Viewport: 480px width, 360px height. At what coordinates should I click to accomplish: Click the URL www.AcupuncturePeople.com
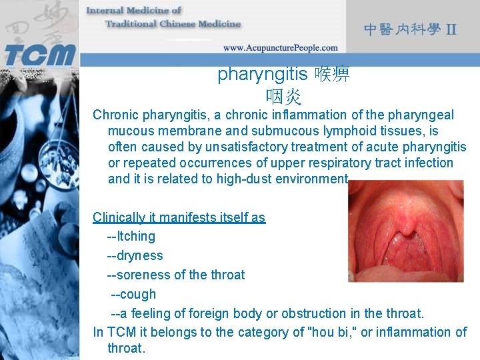coord(280,48)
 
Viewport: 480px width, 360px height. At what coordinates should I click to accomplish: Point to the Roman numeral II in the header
coord(451,30)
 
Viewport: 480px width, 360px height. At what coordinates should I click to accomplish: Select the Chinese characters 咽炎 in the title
coord(283,97)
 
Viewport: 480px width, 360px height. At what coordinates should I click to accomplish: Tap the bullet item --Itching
coord(131,236)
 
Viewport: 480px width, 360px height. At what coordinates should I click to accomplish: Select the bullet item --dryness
coord(135,255)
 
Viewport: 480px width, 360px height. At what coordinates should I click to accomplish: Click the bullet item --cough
coord(133,294)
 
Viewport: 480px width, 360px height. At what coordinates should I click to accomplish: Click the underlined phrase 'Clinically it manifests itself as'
coord(179,217)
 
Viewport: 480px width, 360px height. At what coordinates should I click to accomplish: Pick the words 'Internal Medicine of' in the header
coord(133,10)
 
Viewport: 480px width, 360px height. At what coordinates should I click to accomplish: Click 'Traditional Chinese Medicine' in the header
coord(173,23)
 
